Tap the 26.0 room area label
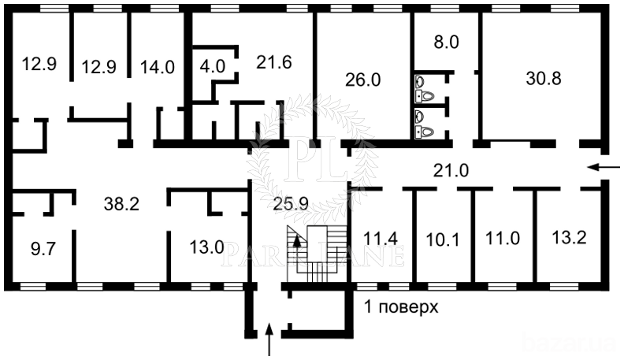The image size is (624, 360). click(x=363, y=80)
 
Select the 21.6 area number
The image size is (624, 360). click(x=274, y=61)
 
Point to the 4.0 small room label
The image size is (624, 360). click(x=212, y=66)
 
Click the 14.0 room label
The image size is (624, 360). click(x=158, y=67)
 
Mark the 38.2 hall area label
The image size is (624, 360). click(x=121, y=203)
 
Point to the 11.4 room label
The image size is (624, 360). click(x=381, y=237)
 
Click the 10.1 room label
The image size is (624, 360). click(x=442, y=238)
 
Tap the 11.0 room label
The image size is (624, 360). click(x=503, y=238)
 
